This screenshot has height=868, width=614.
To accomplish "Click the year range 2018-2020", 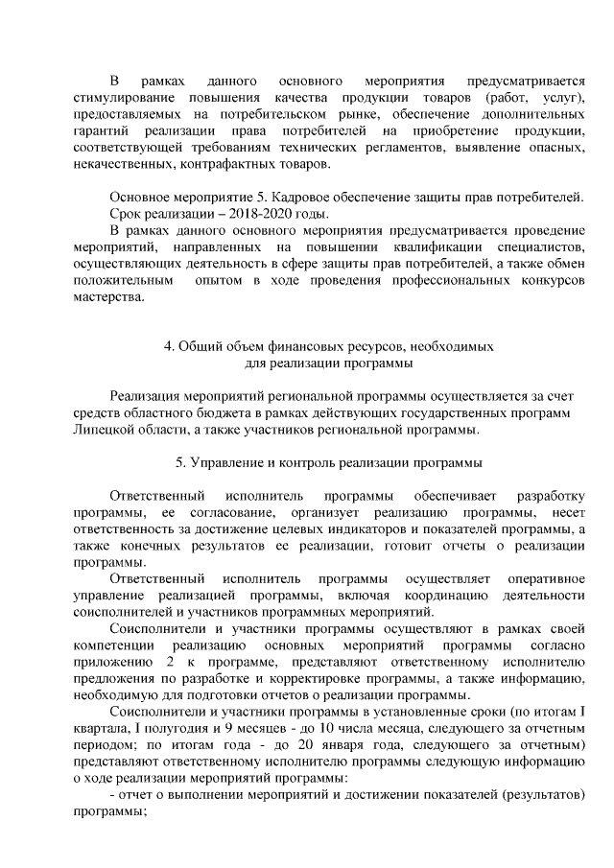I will coord(252,214).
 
